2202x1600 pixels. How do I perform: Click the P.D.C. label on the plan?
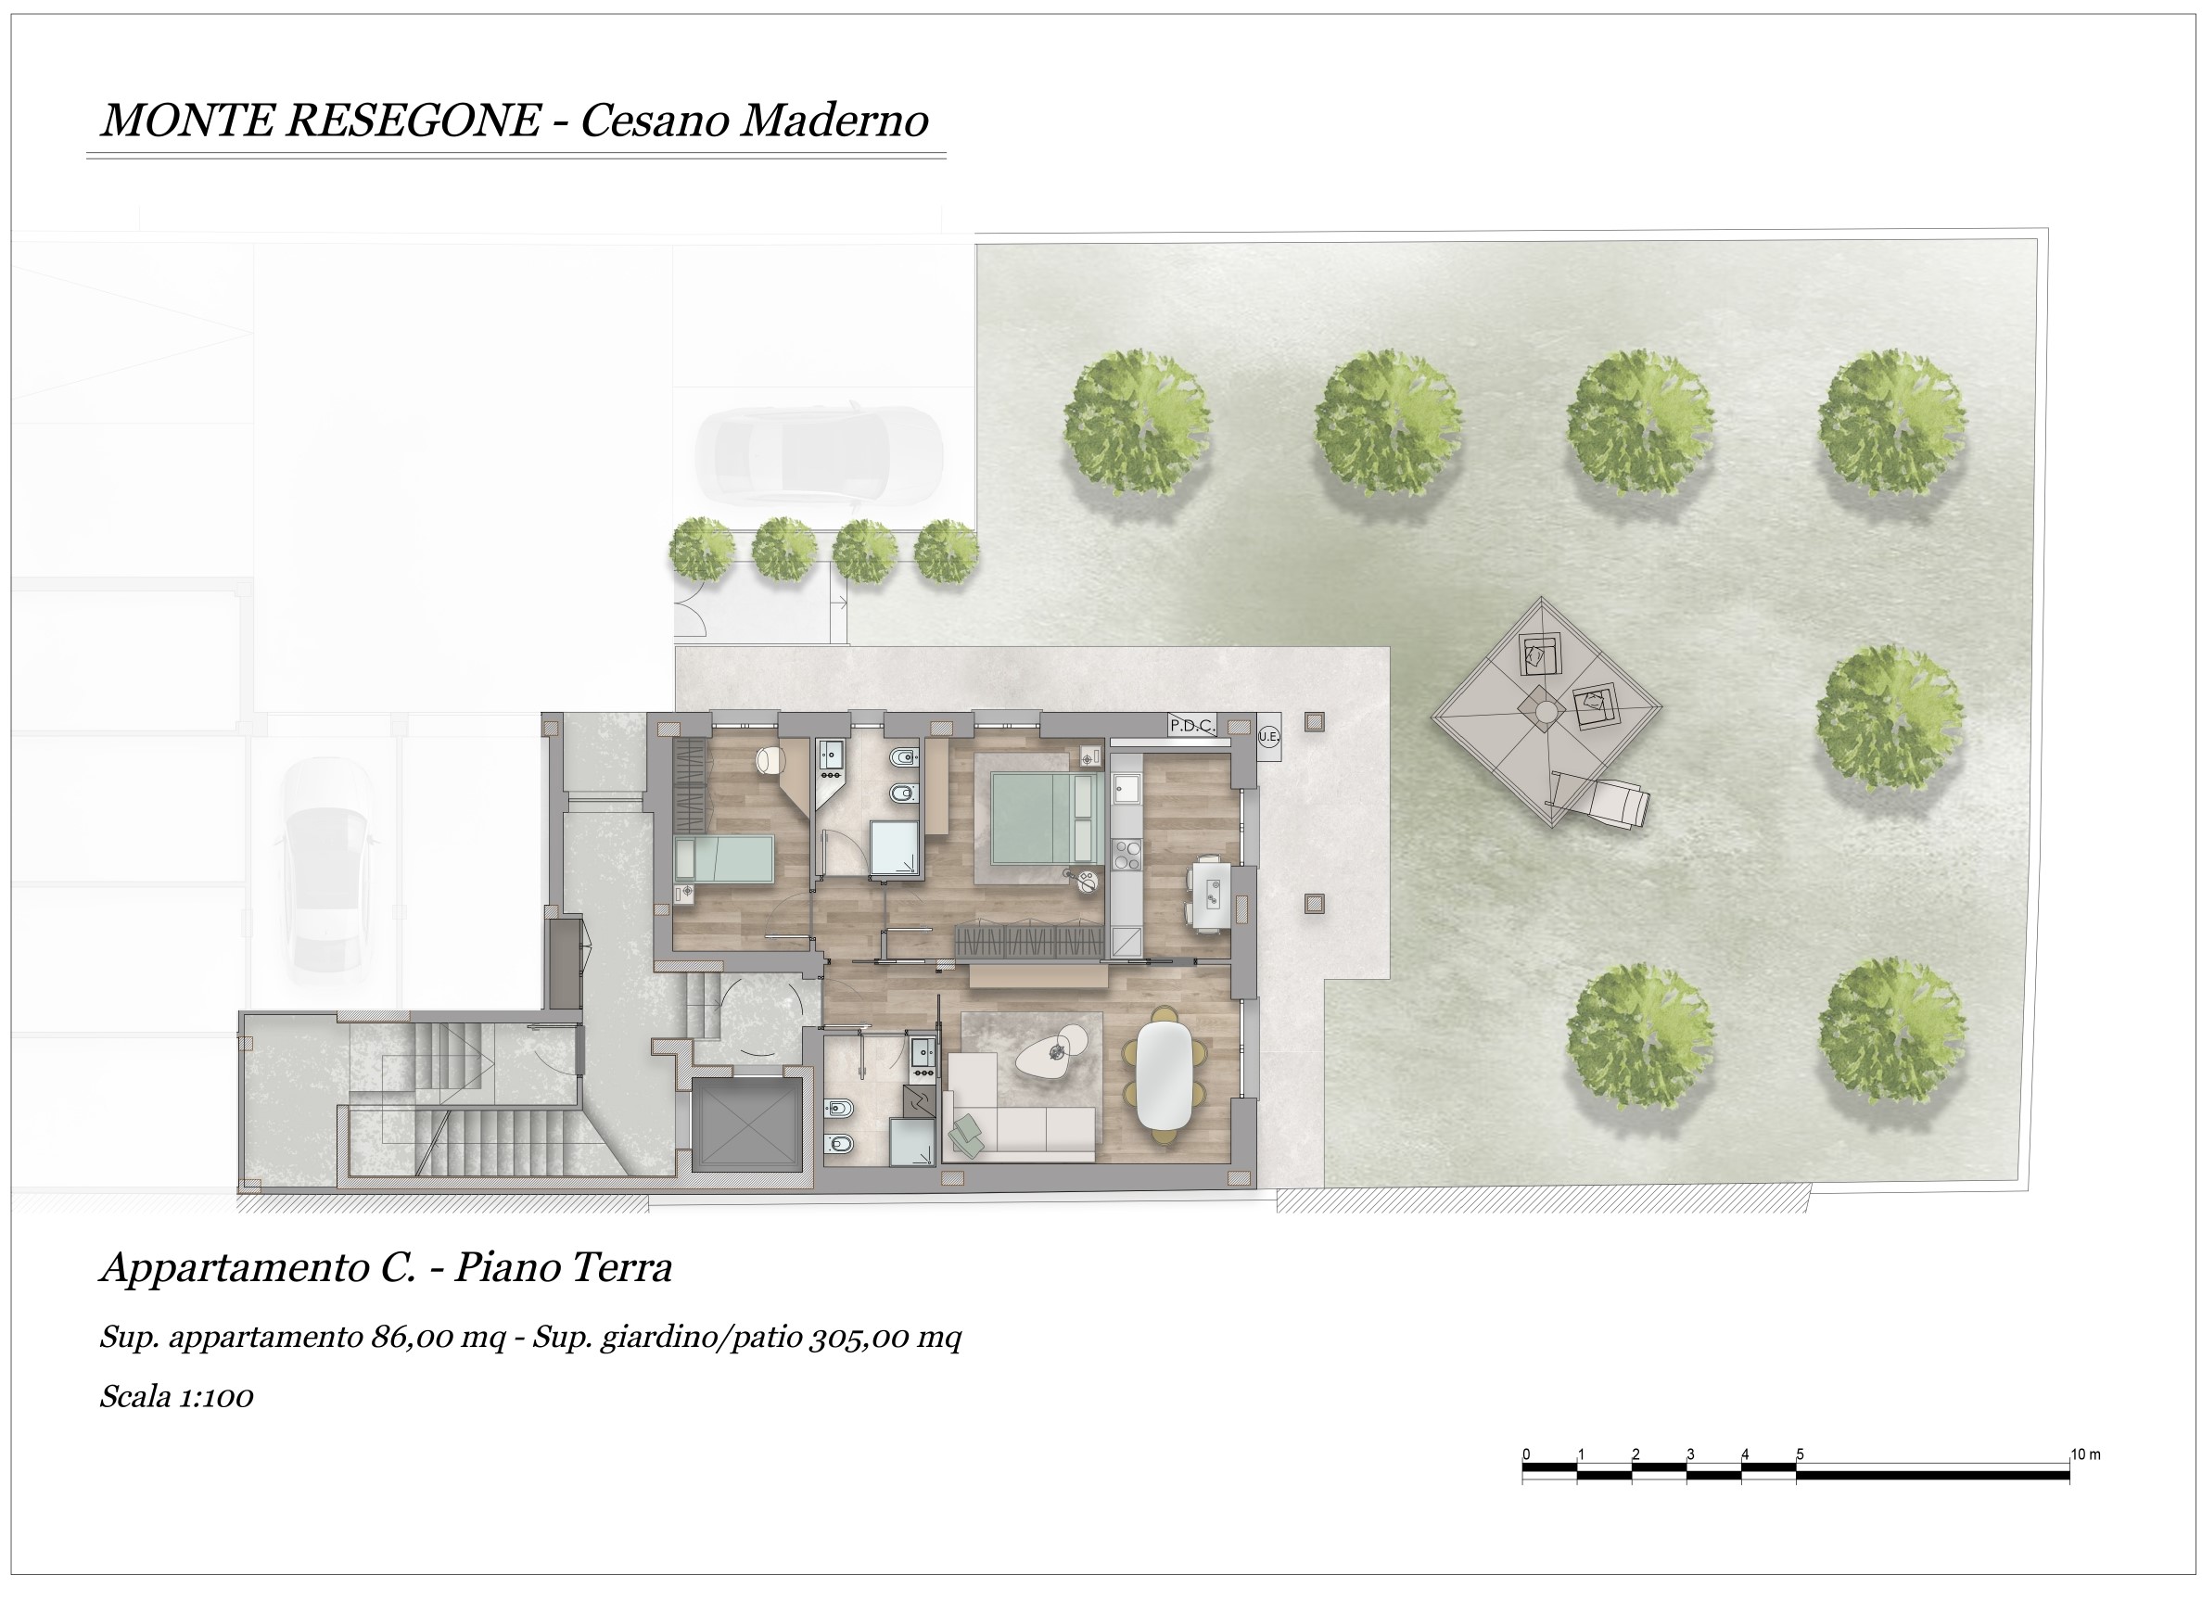[1191, 725]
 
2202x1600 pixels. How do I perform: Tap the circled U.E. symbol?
[1269, 736]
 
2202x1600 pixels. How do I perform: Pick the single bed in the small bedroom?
[724, 859]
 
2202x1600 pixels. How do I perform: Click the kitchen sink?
[1126, 787]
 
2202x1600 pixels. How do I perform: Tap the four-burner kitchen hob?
[1126, 856]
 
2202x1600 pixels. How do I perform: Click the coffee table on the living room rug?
[1053, 1051]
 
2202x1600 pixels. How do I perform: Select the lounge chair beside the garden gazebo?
[1600, 798]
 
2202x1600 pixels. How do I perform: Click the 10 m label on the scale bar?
[2085, 1454]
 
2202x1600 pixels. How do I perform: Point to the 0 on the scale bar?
[1526, 1454]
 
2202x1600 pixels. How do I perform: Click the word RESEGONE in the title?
[414, 121]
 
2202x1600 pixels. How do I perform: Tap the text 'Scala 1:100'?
[177, 1397]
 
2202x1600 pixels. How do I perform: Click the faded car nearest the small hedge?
[820, 454]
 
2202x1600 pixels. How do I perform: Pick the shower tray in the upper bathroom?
[895, 849]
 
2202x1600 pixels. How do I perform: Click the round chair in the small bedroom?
[770, 759]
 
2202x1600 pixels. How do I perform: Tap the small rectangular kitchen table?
[1210, 894]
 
